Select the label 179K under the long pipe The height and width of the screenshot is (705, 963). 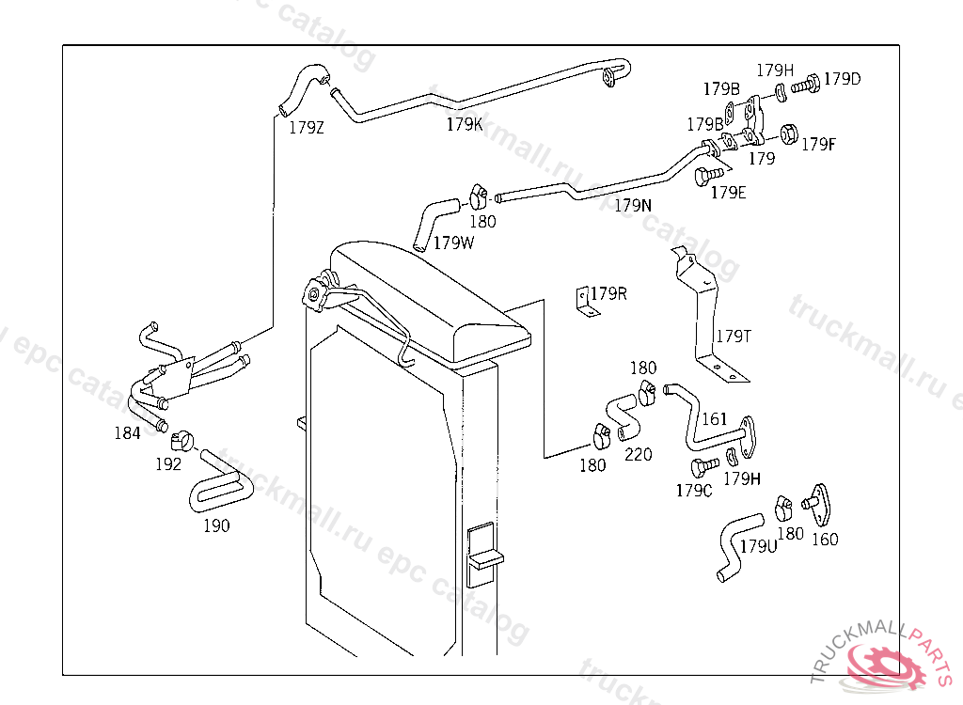click(x=465, y=124)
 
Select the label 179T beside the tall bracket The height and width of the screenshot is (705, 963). click(x=734, y=336)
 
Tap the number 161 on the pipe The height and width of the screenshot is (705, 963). click(x=715, y=419)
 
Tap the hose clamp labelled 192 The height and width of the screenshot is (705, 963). click(x=181, y=437)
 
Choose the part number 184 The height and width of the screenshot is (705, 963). click(x=127, y=433)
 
